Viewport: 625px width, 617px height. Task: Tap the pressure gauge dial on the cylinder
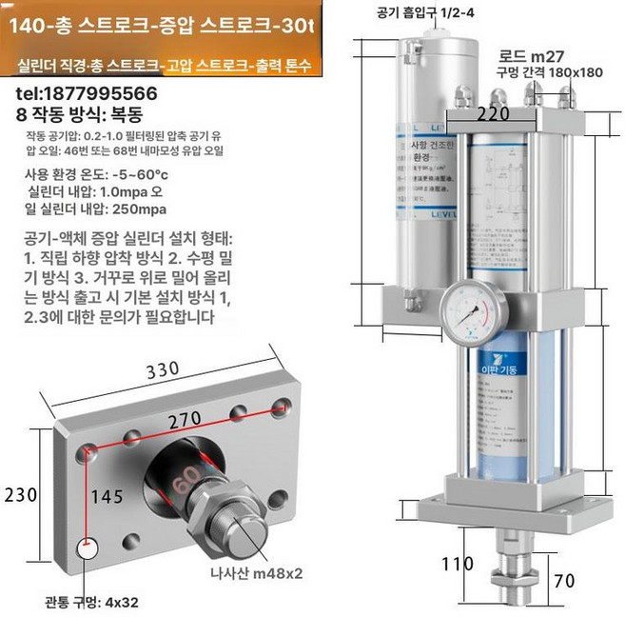472,311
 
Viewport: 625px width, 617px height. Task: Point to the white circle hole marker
87,550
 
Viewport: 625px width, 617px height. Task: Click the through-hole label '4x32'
123,603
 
